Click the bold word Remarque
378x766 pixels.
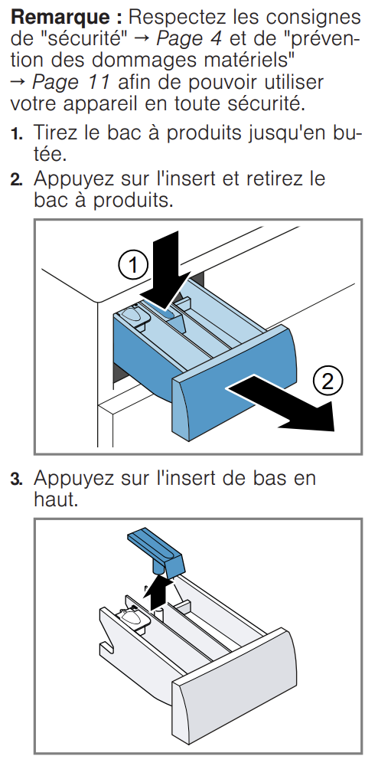point(62,18)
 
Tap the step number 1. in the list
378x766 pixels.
point(17,134)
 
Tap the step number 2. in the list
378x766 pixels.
point(17,180)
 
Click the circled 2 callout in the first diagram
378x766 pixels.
point(327,381)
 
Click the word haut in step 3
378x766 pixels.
point(56,499)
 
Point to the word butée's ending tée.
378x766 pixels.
point(49,155)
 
